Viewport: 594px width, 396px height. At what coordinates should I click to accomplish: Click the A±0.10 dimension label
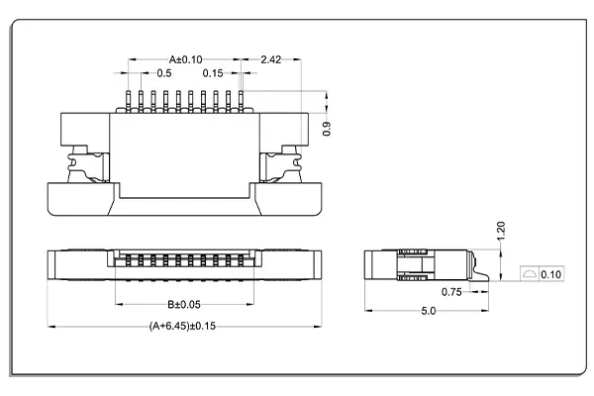[x=185, y=58]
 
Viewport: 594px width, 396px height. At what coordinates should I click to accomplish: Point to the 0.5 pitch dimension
[x=164, y=73]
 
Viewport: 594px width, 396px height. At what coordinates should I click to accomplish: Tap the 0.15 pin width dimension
[x=212, y=73]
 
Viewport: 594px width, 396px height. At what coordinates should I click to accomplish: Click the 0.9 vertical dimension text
[x=329, y=127]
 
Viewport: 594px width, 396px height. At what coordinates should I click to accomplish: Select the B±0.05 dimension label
[x=185, y=304]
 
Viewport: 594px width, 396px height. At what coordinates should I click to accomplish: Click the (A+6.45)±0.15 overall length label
[x=184, y=326]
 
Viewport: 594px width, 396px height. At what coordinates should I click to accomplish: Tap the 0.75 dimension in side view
[x=450, y=292]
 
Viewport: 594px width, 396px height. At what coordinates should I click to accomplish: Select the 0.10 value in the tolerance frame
[x=551, y=274]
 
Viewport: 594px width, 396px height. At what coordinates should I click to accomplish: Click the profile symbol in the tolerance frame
[x=529, y=274]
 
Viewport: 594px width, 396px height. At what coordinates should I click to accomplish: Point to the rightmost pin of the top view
[x=241, y=101]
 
